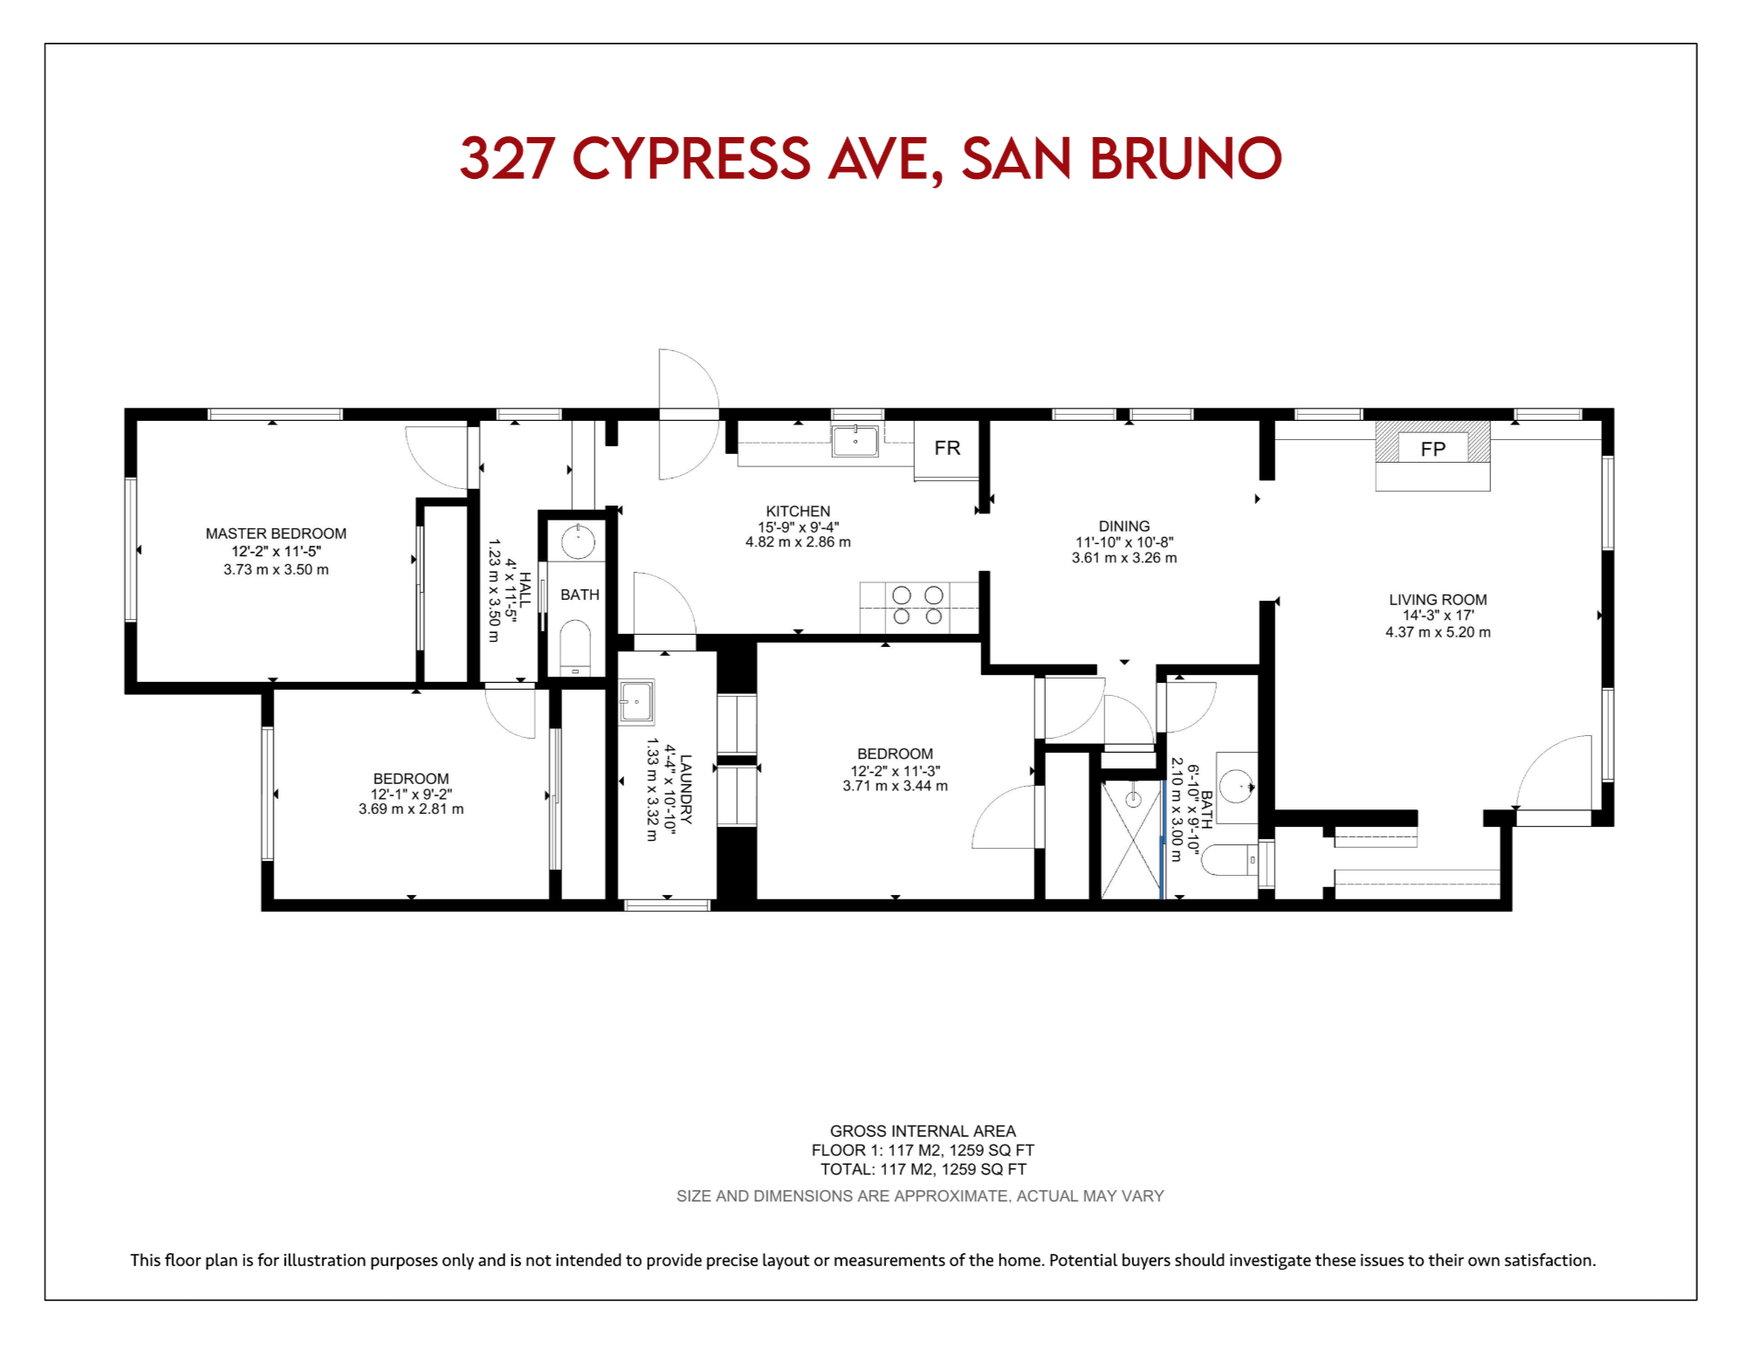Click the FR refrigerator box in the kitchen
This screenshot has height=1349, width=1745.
[946, 450]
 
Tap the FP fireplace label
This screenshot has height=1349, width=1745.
[1432, 450]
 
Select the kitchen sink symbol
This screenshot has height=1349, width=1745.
[855, 441]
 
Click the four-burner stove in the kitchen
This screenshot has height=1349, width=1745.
[918, 606]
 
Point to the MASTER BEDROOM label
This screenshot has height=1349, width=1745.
[276, 533]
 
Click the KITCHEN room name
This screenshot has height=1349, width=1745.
[798, 512]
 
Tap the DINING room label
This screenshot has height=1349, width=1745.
[1124, 527]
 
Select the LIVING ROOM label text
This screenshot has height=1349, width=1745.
[1438, 600]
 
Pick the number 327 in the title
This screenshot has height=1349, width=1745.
[507, 159]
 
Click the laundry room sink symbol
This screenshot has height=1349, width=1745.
[636, 701]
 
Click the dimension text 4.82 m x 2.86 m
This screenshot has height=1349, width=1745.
[798, 542]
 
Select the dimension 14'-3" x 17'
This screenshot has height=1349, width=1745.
[1438, 616]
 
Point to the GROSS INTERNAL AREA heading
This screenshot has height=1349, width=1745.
[923, 1132]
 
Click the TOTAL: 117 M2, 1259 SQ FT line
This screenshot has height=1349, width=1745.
[923, 1170]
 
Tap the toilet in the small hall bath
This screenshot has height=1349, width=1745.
[575, 646]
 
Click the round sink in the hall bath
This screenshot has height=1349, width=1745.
[577, 542]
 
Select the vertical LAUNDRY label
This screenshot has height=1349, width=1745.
[686, 789]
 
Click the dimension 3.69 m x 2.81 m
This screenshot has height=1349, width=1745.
[411, 809]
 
